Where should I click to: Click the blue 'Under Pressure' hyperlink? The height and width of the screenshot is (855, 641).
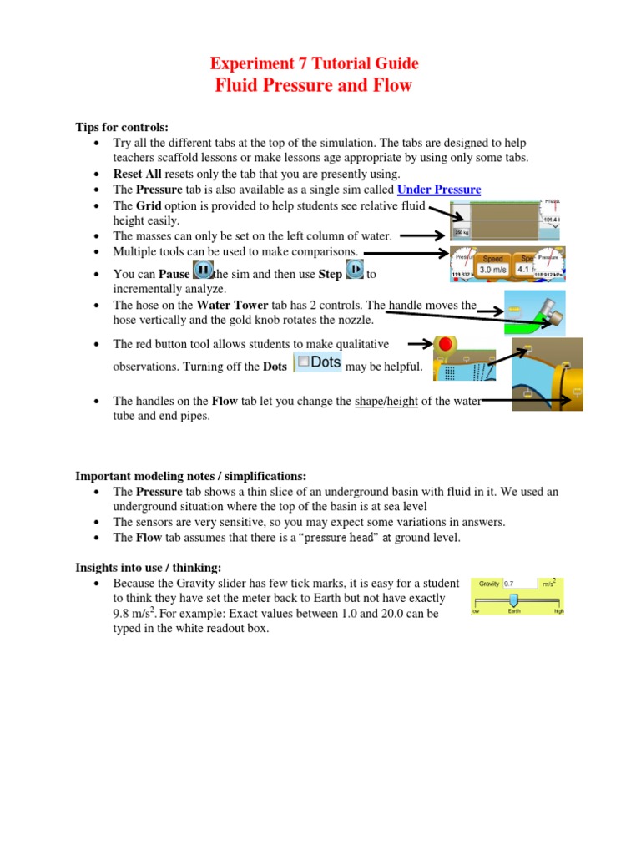point(439,190)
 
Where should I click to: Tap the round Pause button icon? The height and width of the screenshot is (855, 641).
point(203,271)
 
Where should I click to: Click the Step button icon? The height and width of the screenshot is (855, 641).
point(355,271)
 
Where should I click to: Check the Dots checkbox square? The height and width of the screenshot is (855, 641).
point(304,362)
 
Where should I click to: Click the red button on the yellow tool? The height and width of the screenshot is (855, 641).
point(445,344)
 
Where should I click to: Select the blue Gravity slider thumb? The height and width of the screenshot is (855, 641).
point(513,599)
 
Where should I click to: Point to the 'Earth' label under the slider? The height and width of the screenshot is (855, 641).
point(514,611)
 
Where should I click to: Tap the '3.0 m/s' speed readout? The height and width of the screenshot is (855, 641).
point(492,269)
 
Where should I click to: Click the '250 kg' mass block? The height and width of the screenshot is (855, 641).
point(461,232)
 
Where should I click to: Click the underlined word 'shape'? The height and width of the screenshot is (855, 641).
point(368,402)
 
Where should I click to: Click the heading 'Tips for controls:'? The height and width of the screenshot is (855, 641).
point(123,127)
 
